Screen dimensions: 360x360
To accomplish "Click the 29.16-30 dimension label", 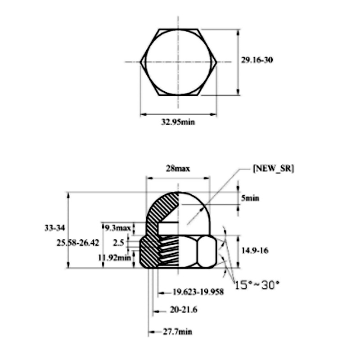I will [257, 60].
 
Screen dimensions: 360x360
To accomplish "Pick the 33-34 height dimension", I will [54, 228].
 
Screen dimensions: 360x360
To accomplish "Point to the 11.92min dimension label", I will [115, 257].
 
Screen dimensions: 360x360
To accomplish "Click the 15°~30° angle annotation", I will [257, 284].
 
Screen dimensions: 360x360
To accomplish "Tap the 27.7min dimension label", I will [177, 332].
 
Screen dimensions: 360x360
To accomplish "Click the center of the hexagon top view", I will [179, 62].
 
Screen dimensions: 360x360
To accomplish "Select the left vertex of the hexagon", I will [141, 62].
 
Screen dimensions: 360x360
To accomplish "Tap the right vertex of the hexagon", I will [217, 62].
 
